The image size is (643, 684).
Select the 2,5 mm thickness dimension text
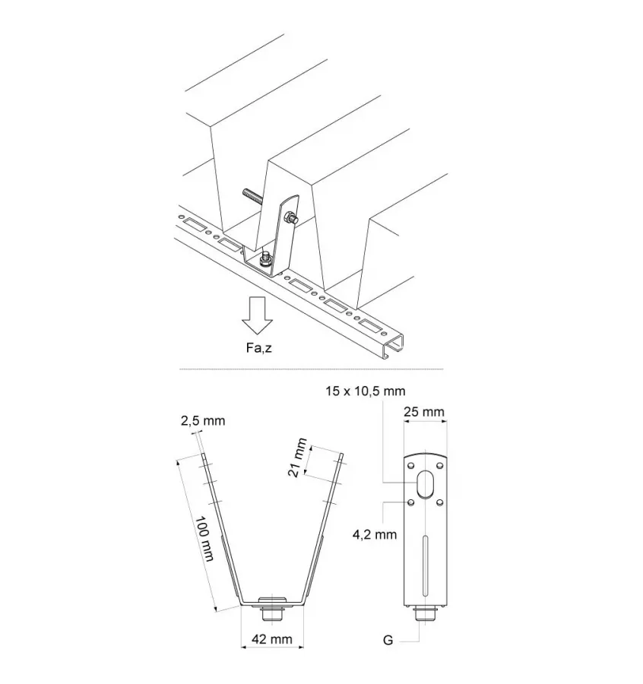tap(203, 420)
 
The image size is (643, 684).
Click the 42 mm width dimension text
tap(272, 639)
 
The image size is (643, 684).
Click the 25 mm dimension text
tap(424, 412)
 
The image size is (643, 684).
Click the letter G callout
tap(388, 641)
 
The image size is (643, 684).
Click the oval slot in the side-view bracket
tap(425, 484)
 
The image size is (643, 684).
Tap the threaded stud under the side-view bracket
tap(425, 613)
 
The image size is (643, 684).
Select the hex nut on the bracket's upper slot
tap(290, 219)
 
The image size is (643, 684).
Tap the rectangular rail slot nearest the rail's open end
tap(369, 325)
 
